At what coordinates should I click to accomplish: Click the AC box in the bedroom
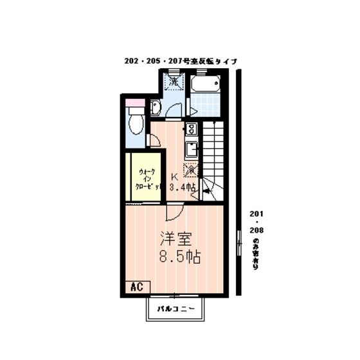136,286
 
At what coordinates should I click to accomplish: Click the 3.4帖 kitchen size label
182,187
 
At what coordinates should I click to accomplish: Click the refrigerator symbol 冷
191,170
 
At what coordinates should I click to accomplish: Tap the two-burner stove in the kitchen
191,128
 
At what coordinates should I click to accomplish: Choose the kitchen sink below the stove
191,150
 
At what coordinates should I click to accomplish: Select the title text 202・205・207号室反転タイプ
181,61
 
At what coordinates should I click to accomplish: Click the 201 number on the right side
256,214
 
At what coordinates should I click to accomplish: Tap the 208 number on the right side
256,229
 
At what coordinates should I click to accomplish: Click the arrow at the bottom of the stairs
207,190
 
